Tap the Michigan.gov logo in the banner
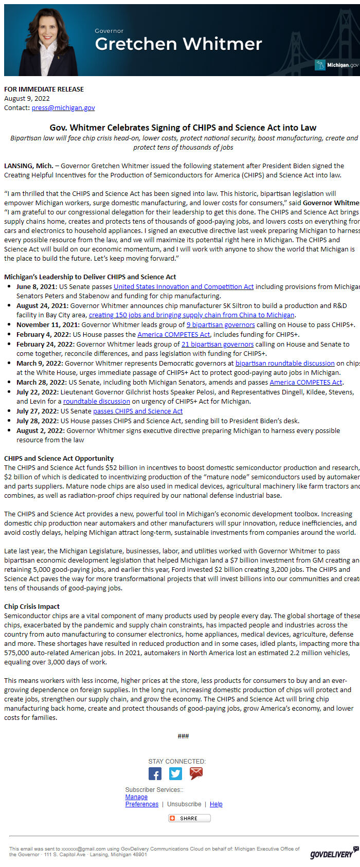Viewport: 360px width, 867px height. (337, 65)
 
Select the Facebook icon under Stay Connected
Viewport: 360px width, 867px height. (155, 773)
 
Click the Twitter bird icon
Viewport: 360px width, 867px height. (175, 773)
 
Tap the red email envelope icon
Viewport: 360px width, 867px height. (196, 773)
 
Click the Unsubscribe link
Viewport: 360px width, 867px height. (184, 804)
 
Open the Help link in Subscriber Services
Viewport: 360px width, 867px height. (216, 804)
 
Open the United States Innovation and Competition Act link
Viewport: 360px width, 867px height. (184, 286)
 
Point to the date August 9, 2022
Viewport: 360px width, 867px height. (27, 98)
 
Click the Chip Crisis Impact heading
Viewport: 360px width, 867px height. (32, 606)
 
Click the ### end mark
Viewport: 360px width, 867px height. (183, 736)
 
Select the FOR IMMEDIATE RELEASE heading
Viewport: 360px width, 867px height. (44, 89)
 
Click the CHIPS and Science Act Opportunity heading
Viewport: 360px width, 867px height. (59, 458)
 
